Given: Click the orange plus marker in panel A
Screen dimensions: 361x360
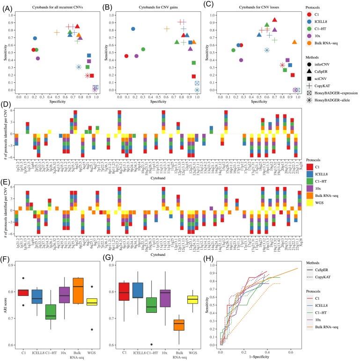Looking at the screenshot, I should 57,32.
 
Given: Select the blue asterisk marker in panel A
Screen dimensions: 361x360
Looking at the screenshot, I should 79,67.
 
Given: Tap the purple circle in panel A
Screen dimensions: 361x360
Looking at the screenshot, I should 38,58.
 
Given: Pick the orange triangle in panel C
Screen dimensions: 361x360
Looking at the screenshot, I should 294,42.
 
